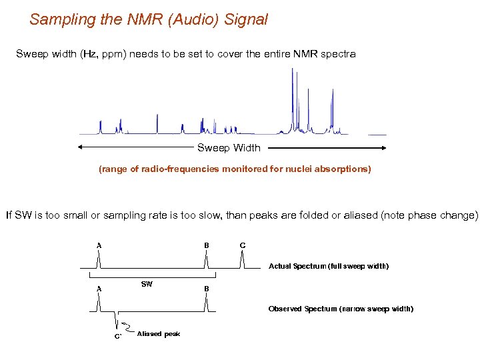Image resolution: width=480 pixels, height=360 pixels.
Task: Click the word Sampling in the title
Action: coord(57,19)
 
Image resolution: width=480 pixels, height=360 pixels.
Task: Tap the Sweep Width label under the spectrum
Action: coord(229,148)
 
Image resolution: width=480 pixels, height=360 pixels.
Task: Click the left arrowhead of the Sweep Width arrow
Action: coord(80,147)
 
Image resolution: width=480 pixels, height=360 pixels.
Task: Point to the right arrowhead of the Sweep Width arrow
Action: coord(384,147)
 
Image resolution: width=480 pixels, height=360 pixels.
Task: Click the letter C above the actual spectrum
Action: coord(243,245)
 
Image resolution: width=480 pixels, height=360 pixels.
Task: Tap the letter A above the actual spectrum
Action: coord(99,245)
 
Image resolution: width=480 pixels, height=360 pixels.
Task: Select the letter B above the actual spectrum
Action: coord(207,245)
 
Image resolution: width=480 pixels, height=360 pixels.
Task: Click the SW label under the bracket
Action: coord(147,284)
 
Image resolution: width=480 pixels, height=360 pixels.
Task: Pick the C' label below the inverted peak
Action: coord(117,337)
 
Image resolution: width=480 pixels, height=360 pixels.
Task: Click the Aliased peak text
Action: coord(158,334)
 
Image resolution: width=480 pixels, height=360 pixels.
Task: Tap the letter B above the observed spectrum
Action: coord(207,289)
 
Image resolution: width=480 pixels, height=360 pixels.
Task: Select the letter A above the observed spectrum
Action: coord(99,289)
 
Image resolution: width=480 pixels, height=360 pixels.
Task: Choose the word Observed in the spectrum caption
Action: coord(285,309)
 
